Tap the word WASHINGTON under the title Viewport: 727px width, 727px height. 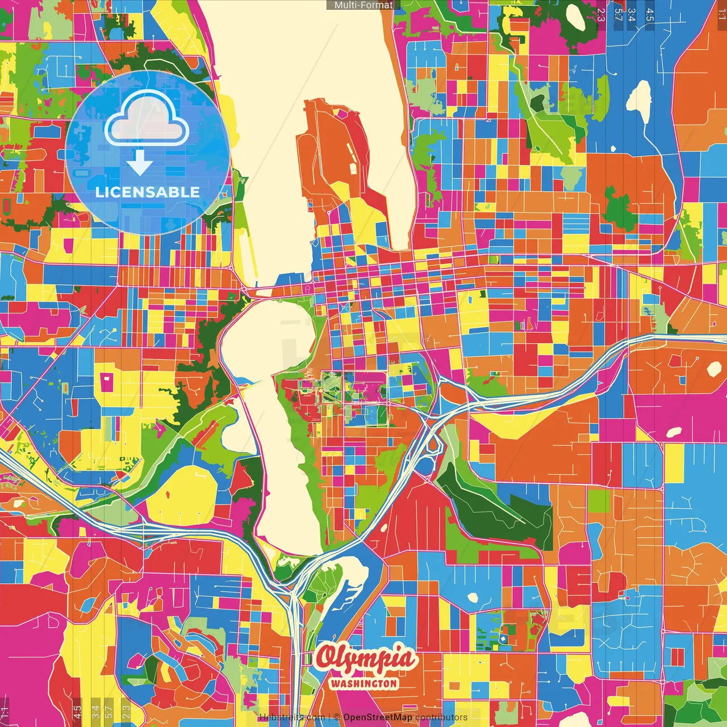(364, 683)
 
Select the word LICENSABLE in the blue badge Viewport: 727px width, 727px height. (148, 192)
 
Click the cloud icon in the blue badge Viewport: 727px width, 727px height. (147, 120)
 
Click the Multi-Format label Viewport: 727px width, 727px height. (363, 5)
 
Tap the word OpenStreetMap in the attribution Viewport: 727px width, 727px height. (377, 717)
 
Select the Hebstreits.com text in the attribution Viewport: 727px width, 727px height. (292, 717)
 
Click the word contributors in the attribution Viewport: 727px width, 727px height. (441, 717)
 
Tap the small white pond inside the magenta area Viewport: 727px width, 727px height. (674, 432)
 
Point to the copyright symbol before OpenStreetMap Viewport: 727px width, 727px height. (337, 717)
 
